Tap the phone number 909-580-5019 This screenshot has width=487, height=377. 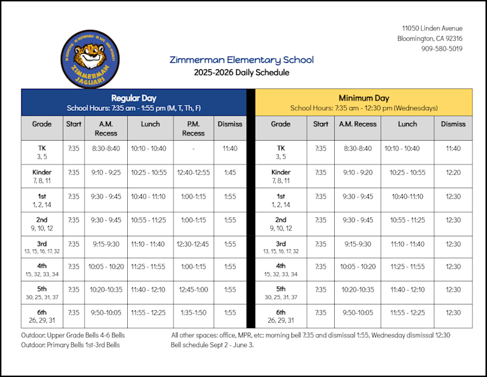[441, 49]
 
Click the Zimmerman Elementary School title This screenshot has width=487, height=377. [242, 60]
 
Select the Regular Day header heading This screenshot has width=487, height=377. [134, 98]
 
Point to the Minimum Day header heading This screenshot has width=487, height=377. [363, 98]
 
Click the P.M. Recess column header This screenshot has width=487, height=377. [193, 129]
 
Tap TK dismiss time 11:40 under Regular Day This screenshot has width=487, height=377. [229, 148]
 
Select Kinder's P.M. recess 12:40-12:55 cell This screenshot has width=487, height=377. [193, 172]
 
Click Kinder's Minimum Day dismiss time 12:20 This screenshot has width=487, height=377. [453, 172]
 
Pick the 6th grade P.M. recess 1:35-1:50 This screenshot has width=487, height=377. [193, 312]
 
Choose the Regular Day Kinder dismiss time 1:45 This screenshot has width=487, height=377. [229, 172]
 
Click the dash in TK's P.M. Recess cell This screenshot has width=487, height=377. [193, 148]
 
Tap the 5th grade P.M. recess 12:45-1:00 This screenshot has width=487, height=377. [193, 289]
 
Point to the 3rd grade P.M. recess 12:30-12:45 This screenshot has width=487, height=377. [193, 244]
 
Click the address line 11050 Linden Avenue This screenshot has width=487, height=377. [432, 29]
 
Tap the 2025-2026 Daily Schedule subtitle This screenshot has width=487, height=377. [242, 72]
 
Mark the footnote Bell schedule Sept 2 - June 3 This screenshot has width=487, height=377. [212, 345]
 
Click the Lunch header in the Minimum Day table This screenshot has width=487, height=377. [407, 124]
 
